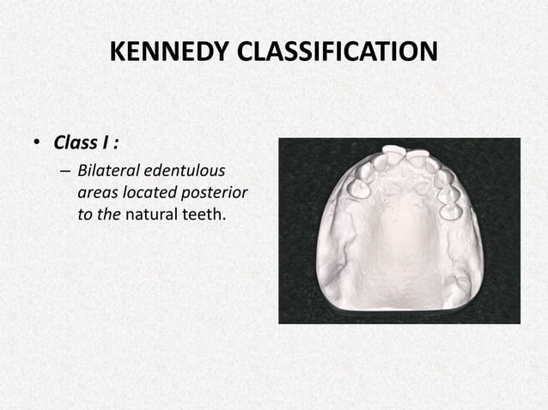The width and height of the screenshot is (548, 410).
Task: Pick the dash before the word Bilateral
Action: [x=65, y=172]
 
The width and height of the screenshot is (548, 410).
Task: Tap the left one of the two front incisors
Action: [x=393, y=154]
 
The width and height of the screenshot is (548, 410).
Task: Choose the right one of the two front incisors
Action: [x=418, y=158]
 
